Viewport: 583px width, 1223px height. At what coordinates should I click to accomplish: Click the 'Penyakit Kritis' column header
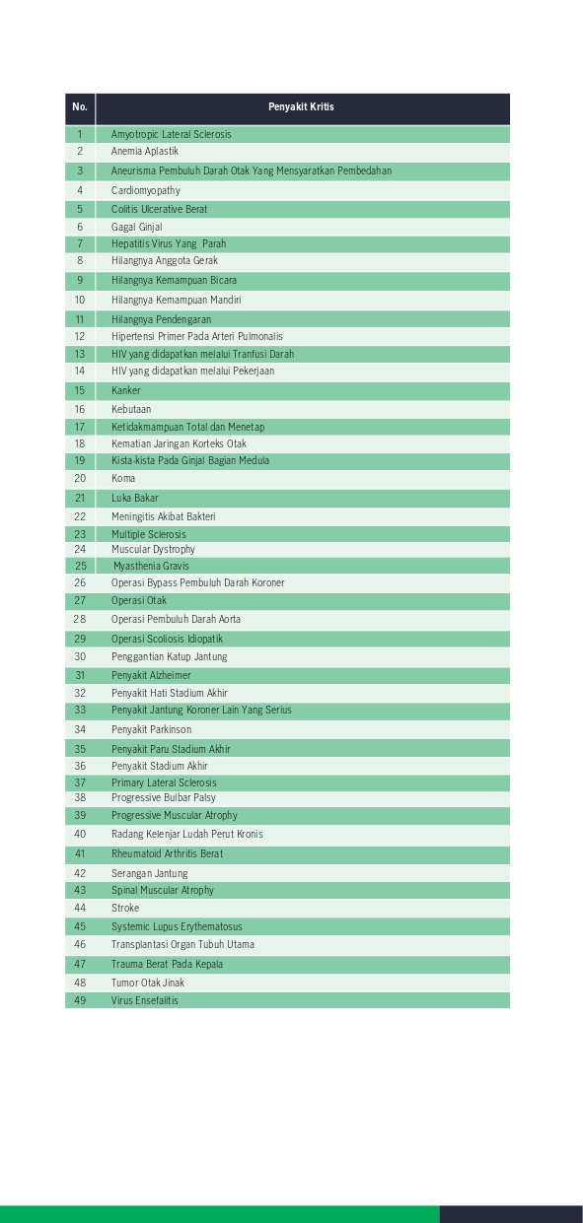(x=301, y=107)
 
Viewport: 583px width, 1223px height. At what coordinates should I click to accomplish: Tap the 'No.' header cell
(x=80, y=107)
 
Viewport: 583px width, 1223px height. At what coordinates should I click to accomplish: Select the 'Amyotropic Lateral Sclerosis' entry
(x=172, y=134)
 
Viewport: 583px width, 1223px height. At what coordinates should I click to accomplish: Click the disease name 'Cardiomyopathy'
(x=146, y=190)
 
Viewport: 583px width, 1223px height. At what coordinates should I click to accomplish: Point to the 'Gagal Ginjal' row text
(x=137, y=227)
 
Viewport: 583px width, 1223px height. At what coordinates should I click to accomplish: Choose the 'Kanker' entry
(x=126, y=390)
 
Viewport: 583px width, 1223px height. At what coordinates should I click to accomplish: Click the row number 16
(x=80, y=409)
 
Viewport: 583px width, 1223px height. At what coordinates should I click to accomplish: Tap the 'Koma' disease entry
(x=123, y=478)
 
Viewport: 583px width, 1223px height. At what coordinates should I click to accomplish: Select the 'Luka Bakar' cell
(x=135, y=498)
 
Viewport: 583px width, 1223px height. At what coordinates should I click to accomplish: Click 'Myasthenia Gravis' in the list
(x=151, y=566)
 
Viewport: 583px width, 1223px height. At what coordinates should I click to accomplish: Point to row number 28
(x=80, y=619)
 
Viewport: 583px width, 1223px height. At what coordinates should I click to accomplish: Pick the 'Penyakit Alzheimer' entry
(x=151, y=675)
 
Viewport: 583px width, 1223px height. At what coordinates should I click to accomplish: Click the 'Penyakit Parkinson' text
(x=151, y=729)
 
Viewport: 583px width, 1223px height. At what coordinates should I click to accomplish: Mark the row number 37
(x=80, y=782)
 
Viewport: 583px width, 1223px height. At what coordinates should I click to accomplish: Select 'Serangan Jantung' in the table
(x=149, y=873)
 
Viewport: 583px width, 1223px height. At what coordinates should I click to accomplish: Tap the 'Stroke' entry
(x=125, y=908)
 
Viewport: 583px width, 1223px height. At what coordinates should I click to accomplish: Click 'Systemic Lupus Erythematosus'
(x=177, y=926)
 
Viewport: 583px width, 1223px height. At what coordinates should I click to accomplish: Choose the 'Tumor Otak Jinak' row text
(x=148, y=983)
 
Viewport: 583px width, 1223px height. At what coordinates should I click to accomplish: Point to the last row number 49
(x=80, y=1000)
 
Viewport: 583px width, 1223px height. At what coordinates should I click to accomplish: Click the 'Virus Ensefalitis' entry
(x=145, y=1000)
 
